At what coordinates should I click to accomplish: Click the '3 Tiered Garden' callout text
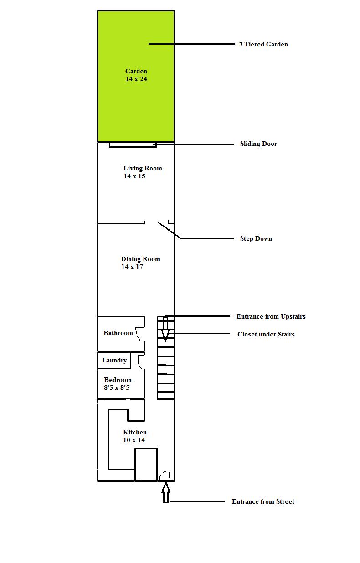point(263,44)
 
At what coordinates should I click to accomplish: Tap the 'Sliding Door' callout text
point(258,144)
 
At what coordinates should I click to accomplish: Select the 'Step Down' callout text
point(256,238)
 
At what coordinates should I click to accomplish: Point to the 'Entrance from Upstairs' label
point(271,316)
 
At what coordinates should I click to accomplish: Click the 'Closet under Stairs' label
point(266,334)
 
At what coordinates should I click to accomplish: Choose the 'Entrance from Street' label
point(263,501)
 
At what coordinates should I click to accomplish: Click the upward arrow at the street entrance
point(166,493)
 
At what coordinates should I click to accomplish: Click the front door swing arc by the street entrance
point(165,475)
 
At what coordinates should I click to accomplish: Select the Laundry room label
point(114,360)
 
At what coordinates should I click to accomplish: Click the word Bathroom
point(118,333)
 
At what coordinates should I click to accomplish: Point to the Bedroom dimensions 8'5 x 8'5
point(117,387)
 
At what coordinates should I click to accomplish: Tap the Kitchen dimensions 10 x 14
point(134,440)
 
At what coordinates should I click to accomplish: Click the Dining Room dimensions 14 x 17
point(132,267)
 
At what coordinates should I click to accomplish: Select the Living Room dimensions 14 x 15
point(134,176)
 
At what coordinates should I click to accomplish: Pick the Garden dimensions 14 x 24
point(136,79)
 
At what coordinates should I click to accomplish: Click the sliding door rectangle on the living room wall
point(133,145)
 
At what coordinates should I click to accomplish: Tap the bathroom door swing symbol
point(140,334)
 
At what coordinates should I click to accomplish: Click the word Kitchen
point(135,432)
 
